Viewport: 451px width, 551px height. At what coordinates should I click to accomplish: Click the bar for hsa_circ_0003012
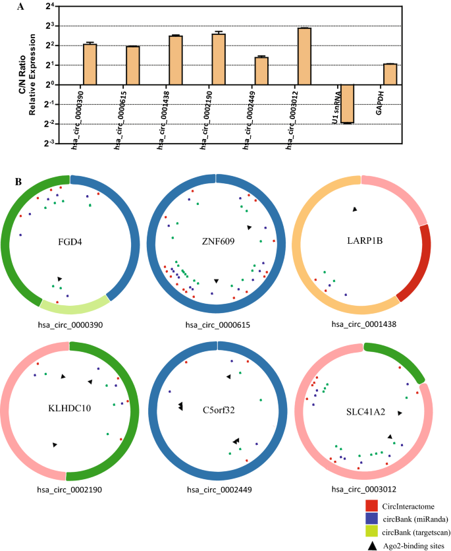coord(304,57)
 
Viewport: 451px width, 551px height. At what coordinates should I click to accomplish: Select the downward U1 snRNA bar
coord(347,103)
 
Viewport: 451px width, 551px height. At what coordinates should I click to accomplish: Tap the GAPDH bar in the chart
coord(390,74)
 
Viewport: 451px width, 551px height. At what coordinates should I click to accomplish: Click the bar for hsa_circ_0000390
coord(90,65)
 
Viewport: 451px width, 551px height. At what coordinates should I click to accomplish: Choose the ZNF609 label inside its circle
coord(215,241)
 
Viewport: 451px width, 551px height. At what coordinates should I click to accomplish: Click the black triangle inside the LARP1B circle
coord(354,209)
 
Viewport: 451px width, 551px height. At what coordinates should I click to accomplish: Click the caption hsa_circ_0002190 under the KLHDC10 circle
coord(68,490)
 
